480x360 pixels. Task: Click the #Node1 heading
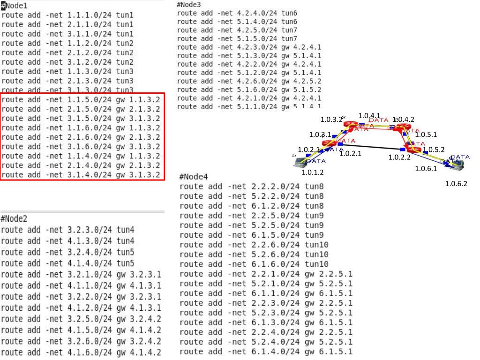pyautogui.click(x=15, y=6)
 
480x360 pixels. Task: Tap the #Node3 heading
pyautogui.click(x=189, y=5)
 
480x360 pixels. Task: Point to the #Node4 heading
pyautogui.click(x=193, y=177)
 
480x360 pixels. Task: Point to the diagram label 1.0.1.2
pyautogui.click(x=313, y=172)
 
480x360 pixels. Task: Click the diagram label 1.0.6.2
pyautogui.click(x=456, y=184)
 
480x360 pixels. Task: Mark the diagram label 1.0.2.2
pyautogui.click(x=399, y=157)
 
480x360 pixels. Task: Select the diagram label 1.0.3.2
pyautogui.click(x=332, y=120)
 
